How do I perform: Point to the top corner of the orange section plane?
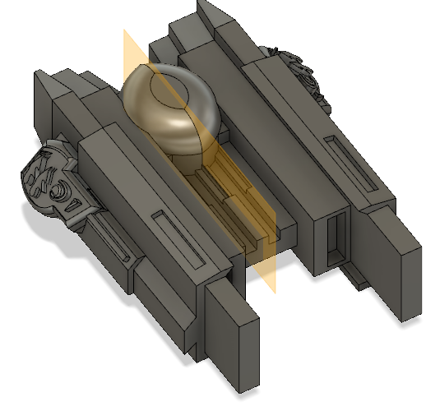tap(125, 32)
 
